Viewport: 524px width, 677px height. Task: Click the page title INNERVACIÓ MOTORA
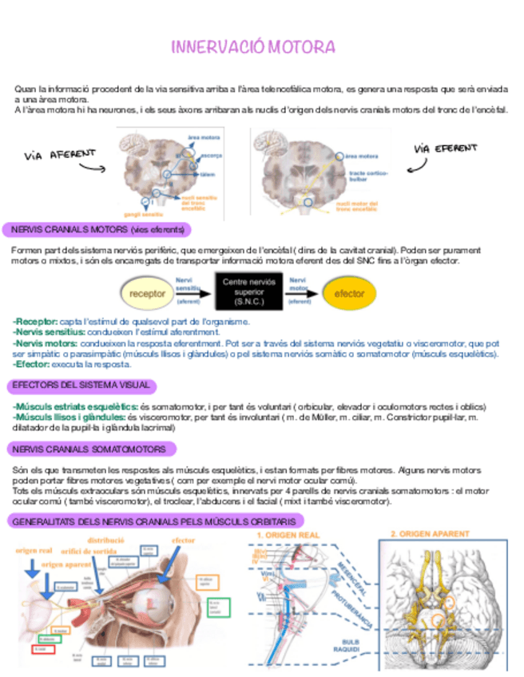pyautogui.click(x=253, y=47)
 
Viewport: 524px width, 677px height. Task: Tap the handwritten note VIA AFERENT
pyautogui.click(x=60, y=154)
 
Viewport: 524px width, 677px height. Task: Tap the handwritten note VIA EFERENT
pyautogui.click(x=445, y=149)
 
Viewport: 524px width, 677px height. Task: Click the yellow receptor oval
pyautogui.click(x=146, y=293)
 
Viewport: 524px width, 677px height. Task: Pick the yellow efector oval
pyautogui.click(x=350, y=293)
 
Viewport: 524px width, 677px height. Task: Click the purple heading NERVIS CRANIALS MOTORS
pyautogui.click(x=97, y=230)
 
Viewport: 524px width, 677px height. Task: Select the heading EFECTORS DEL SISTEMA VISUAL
pyautogui.click(x=81, y=386)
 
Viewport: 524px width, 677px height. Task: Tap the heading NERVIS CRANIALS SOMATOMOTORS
pyautogui.click(x=89, y=449)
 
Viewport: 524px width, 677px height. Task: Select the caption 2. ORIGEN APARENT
pyautogui.click(x=431, y=533)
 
